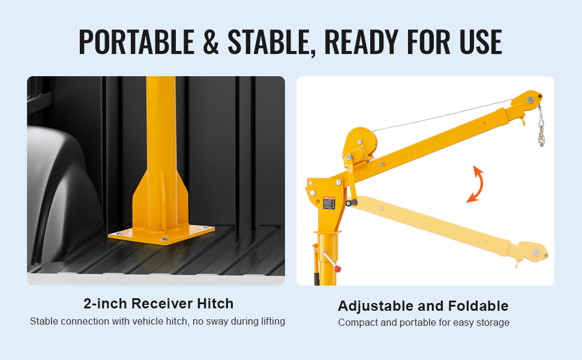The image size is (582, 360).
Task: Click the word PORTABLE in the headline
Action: [x=137, y=41]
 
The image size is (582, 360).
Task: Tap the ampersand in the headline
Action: [x=211, y=41]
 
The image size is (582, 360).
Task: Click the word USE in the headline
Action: [x=480, y=41]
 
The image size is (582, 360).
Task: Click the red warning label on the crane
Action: [x=329, y=203]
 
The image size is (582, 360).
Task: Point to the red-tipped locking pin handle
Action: [x=331, y=261]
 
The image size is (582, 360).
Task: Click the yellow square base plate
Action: [x=161, y=234]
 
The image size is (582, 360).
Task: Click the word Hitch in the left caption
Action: [x=215, y=304]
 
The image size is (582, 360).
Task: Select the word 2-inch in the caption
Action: [x=106, y=304]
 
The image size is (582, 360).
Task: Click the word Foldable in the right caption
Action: [x=478, y=306]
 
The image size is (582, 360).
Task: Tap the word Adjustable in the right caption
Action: [x=376, y=307]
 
